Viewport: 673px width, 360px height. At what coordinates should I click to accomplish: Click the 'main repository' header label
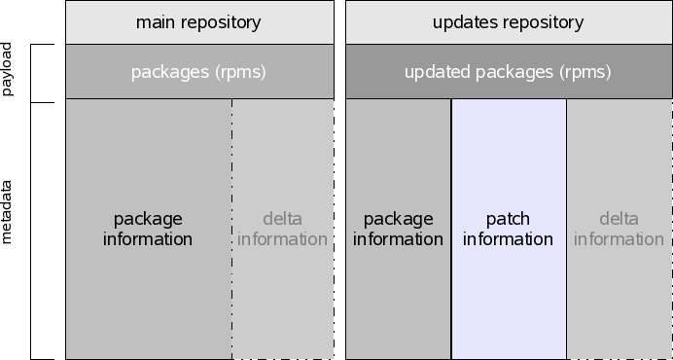coord(198,21)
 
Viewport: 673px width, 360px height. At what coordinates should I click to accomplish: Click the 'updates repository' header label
coord(508,21)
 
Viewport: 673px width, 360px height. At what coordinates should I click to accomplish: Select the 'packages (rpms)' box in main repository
coord(198,71)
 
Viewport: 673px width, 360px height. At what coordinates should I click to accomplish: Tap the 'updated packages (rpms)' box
coord(508,71)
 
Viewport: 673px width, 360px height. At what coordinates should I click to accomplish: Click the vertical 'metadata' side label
coord(8,211)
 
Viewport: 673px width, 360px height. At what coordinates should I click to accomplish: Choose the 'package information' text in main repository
coord(148,229)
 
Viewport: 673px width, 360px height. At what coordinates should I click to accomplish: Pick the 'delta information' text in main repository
coord(282,229)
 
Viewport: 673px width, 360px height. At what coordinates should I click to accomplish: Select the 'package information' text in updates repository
coord(398,229)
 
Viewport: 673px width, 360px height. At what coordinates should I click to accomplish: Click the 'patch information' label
coord(508,229)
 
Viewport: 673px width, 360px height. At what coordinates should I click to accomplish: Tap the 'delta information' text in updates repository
coord(618,229)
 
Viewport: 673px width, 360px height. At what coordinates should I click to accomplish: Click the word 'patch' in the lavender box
coord(508,219)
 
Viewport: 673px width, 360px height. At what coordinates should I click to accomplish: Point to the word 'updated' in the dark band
coord(435,71)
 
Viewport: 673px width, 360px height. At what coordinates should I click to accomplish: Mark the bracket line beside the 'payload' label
coord(31,73)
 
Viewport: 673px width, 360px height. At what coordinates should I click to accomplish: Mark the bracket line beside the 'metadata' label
coord(31,231)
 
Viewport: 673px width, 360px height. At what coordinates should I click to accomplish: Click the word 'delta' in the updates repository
coord(619,219)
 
